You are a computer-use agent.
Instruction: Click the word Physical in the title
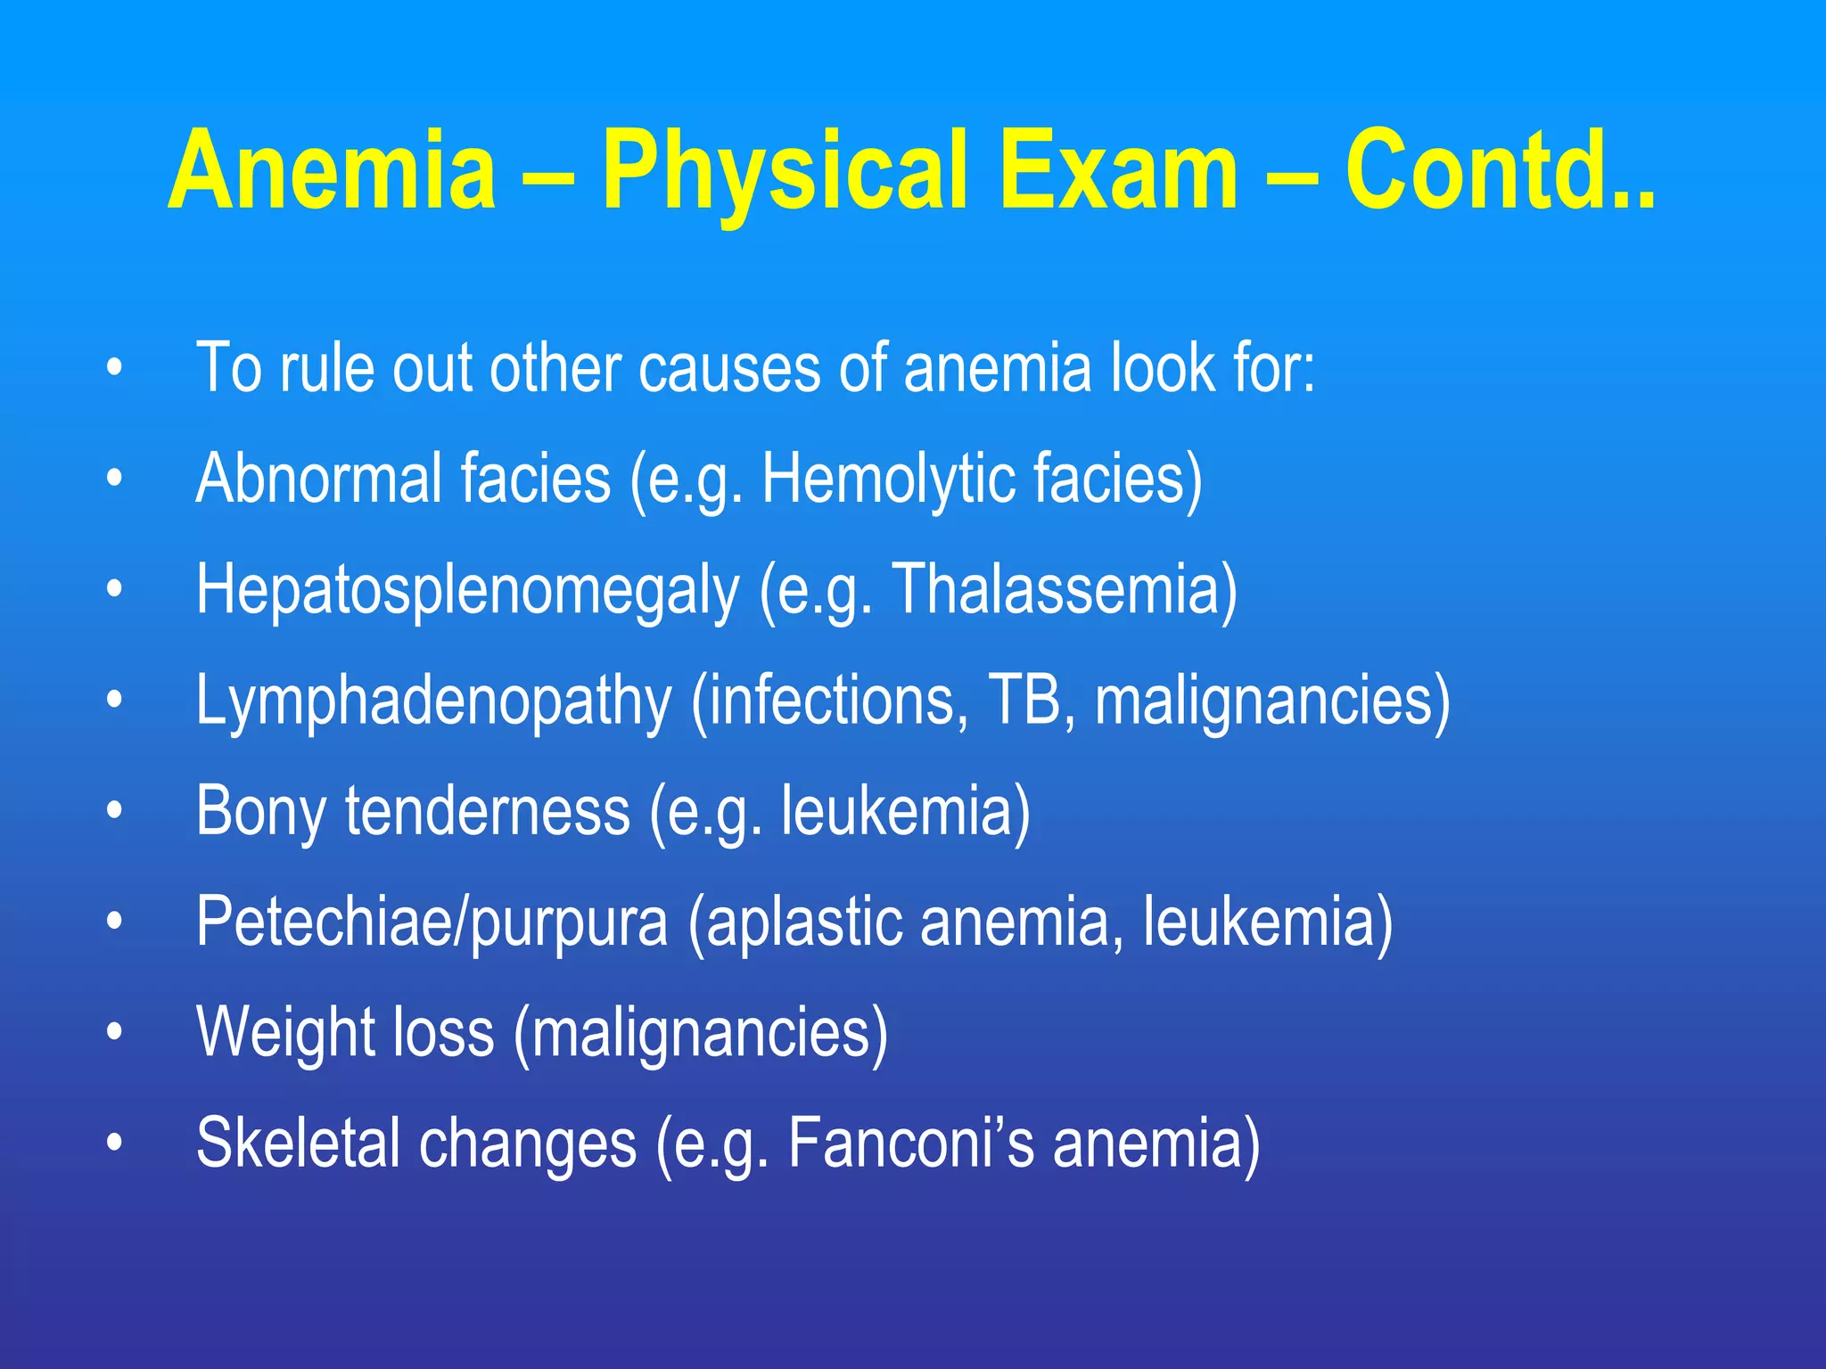(785, 171)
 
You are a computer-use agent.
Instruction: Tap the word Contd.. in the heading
(1500, 171)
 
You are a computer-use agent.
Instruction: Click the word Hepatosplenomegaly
(468, 590)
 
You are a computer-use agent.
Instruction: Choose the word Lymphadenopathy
(433, 701)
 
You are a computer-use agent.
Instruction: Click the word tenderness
(488, 810)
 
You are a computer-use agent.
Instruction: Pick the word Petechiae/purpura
(432, 922)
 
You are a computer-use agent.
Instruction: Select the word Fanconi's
(910, 1143)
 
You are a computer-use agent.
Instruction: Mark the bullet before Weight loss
(113, 1032)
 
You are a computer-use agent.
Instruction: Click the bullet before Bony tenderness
(113, 811)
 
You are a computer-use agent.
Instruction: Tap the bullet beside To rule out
(113, 368)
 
